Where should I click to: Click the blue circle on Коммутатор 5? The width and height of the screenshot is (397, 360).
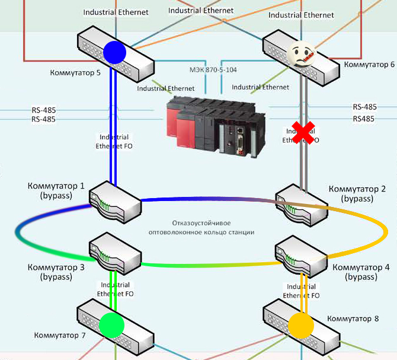tap(115, 51)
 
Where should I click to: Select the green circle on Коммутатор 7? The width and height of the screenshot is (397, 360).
tap(111, 324)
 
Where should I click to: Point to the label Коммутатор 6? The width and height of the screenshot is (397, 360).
tap(369, 64)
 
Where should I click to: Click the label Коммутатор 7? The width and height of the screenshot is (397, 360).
tap(60, 336)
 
